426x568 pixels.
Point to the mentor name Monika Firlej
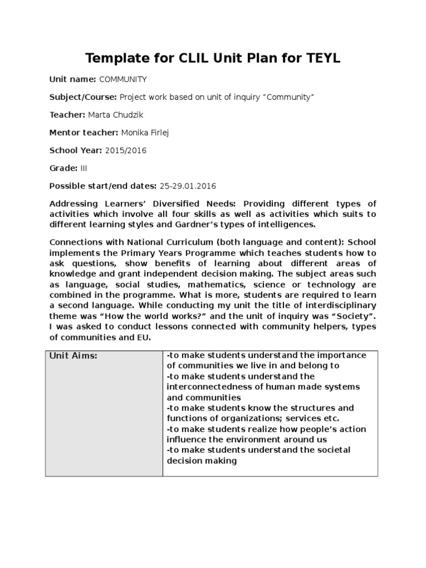[x=146, y=133]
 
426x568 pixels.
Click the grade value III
[x=84, y=168]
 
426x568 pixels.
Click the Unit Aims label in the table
[x=74, y=356]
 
